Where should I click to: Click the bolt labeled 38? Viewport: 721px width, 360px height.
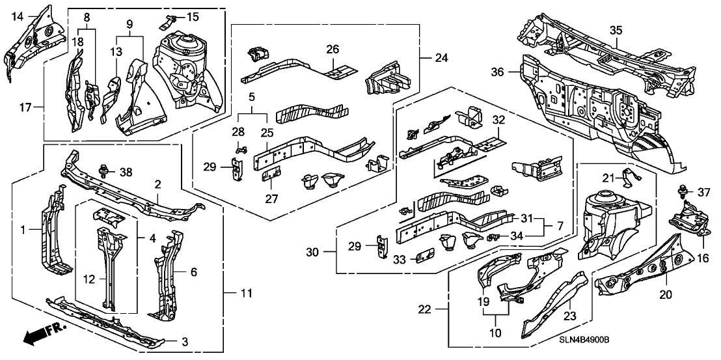102,173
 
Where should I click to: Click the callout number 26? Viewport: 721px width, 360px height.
333,49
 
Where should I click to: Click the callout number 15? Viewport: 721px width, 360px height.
193,16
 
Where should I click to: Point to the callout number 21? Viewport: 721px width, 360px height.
608,177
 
